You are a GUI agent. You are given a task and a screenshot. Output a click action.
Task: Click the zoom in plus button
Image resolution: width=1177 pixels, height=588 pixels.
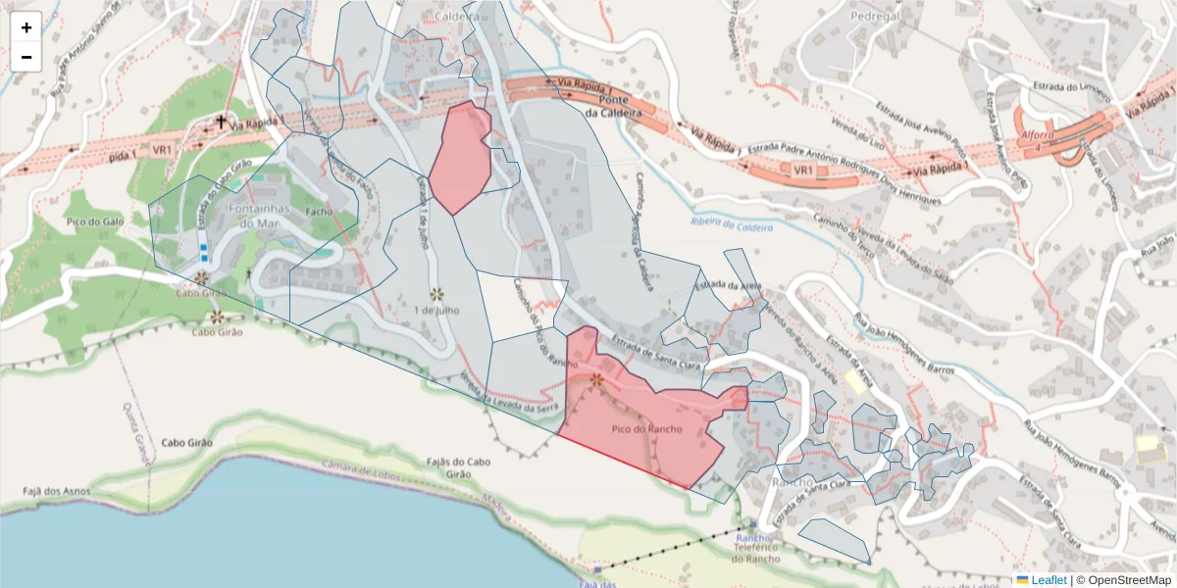26,27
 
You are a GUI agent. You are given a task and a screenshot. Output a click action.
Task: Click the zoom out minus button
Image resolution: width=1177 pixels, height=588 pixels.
26,57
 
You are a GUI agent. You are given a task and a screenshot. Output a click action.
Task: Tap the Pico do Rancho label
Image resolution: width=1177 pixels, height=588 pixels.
646,429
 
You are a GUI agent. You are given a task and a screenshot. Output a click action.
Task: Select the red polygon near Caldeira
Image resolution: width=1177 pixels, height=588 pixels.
463,157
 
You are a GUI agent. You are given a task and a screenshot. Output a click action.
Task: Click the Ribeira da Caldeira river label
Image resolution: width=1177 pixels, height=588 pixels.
732,227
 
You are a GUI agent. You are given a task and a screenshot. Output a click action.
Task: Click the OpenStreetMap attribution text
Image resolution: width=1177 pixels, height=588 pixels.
1124,580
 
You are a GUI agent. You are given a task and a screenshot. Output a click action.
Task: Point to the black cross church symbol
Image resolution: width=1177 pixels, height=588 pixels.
221,122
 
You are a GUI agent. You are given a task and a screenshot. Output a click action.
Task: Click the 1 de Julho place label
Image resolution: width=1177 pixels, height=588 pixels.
437,311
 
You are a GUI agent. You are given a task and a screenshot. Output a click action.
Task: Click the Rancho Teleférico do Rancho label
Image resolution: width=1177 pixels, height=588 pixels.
755,548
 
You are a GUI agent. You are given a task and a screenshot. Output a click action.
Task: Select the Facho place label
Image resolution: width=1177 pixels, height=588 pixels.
320,211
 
